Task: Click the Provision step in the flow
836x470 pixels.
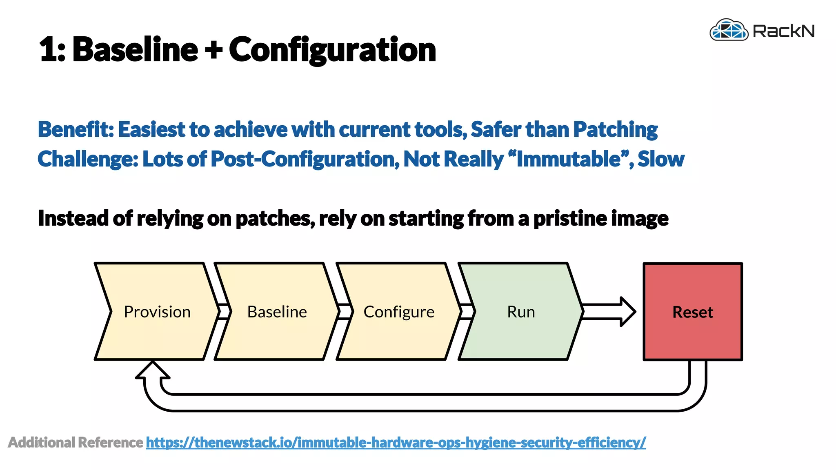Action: point(157,312)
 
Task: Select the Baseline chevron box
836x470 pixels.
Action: point(277,312)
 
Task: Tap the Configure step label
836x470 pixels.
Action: point(399,312)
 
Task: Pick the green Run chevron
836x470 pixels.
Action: point(521,312)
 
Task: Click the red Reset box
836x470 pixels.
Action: point(693,312)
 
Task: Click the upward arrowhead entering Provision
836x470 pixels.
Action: point(153,370)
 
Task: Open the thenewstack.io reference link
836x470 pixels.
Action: point(396,442)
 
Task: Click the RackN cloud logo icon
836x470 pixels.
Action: point(729,30)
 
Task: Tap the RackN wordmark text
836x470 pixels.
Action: point(783,31)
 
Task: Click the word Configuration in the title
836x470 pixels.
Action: point(332,50)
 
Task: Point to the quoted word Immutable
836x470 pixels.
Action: point(569,159)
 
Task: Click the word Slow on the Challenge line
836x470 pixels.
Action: point(661,159)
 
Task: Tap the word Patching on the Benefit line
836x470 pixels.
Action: point(615,130)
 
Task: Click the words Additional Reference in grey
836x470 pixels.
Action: point(76,442)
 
